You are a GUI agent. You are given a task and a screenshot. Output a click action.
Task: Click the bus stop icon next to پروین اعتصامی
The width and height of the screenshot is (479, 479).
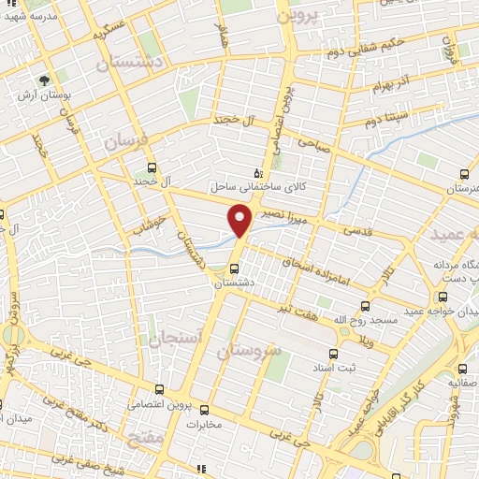pyautogui.click(x=160, y=389)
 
